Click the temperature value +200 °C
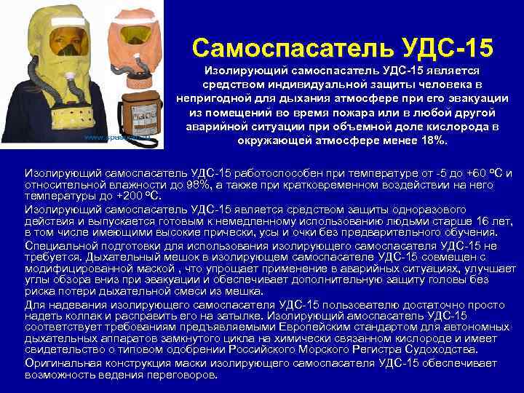pos(140,196)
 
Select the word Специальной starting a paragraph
pos(57,247)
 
